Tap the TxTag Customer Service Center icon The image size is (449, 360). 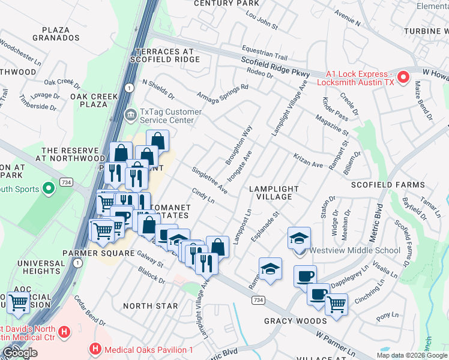click(x=130, y=114)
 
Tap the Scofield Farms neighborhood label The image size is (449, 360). click(x=418, y=185)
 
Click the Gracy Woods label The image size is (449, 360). click(x=295, y=321)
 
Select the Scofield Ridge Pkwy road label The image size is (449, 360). click(x=275, y=67)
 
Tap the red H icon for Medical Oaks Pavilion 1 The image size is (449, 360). click(x=95, y=349)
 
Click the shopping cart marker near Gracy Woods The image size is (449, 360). click(x=336, y=304)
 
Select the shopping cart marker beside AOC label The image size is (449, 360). click(x=19, y=302)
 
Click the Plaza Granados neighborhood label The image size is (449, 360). click(x=60, y=33)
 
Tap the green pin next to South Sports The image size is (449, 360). click(x=47, y=189)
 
